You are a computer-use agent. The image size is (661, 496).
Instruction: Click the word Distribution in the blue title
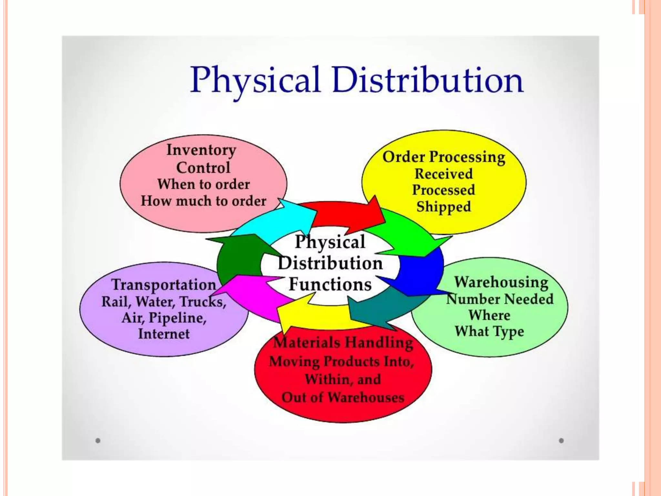point(428,79)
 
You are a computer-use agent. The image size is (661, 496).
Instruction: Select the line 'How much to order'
point(203,201)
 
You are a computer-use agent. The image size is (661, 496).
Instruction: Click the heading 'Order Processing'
point(444,157)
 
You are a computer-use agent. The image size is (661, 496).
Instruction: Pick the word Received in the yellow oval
point(444,174)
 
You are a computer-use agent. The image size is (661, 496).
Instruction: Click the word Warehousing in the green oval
point(501,282)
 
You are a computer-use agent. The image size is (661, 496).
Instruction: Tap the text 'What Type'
point(489,332)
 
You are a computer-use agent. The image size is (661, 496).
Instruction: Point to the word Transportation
point(164,285)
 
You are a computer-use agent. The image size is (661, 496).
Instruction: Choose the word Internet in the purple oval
point(164,334)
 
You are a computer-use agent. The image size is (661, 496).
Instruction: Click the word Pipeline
point(177,318)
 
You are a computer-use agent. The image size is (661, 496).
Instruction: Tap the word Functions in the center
point(330,284)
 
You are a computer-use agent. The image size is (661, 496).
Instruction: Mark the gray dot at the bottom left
point(98,440)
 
